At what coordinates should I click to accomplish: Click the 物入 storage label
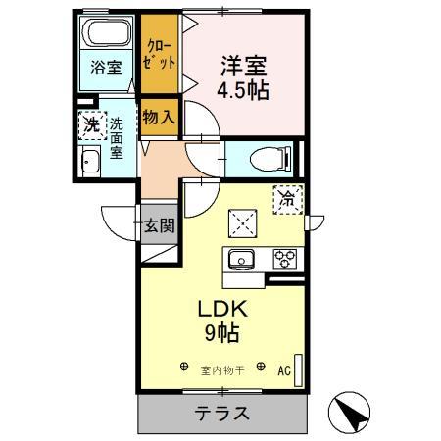coord(159,117)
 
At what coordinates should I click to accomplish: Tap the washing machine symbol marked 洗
coord(90,124)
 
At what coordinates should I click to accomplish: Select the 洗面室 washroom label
coord(116,138)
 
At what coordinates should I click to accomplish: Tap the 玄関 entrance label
coord(160,225)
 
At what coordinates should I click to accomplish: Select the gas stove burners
coord(285,260)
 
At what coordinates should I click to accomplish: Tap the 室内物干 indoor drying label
coord(222,369)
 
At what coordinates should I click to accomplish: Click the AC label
coord(283,371)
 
